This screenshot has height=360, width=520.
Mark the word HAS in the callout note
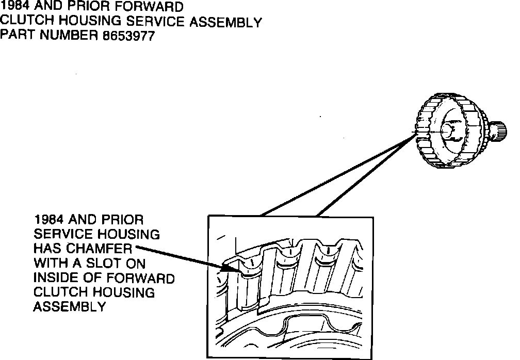(45, 249)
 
